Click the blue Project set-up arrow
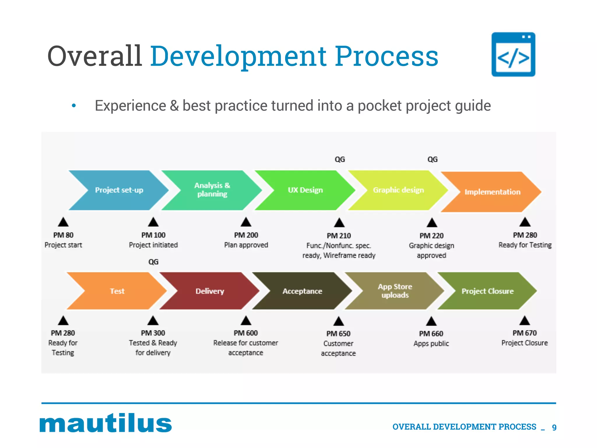point(119,190)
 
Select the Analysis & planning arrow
point(212,190)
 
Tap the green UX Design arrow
point(305,190)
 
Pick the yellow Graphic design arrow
point(398,190)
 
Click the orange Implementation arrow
point(492,192)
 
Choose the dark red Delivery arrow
point(210,291)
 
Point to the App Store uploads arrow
point(395,291)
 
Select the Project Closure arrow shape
point(487,291)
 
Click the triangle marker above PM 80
point(63,222)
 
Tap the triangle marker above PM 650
point(338,321)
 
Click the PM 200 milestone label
point(246,235)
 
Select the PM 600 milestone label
point(246,333)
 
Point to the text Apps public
point(431,344)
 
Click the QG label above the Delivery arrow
point(153,262)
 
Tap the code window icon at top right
point(513,55)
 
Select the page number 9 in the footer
point(554,427)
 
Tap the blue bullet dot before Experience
point(74,106)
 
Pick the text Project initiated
point(153,245)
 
